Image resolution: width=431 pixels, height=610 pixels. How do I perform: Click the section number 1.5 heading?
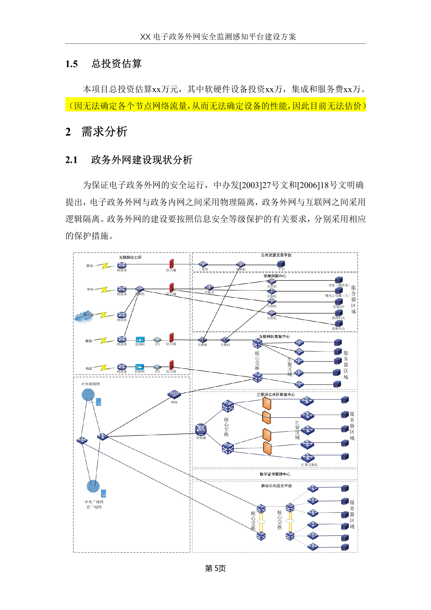71,64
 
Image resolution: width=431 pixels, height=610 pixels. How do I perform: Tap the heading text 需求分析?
105,132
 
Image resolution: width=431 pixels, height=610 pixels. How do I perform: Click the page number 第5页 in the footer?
215,568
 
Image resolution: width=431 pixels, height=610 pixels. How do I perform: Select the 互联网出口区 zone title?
130,257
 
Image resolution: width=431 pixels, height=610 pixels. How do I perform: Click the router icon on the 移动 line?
122,265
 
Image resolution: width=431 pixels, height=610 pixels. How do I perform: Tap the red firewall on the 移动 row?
171,264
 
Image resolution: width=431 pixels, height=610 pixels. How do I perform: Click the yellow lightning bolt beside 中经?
105,290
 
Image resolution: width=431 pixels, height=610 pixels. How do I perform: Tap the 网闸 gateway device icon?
174,394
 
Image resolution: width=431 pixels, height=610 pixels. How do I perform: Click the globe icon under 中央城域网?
88,395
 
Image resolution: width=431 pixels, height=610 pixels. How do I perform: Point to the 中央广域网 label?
94,502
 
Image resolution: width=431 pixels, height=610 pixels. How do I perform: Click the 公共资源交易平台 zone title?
276,255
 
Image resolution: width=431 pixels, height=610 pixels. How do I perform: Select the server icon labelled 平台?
281,264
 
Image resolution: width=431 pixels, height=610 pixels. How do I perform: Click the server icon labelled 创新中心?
339,323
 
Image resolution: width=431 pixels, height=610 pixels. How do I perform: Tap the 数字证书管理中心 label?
275,474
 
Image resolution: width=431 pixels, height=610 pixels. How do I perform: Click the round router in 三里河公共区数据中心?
201,429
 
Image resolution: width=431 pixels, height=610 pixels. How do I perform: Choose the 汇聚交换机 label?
309,465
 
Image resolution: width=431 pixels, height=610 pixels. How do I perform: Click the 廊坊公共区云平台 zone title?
276,486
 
